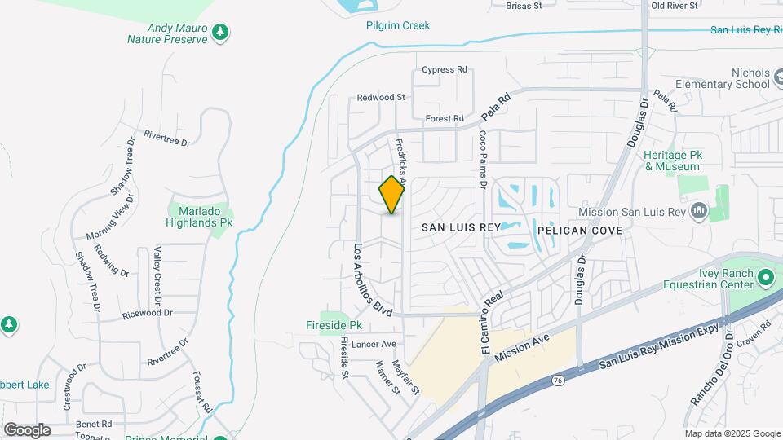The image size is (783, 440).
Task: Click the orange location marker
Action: point(392,195)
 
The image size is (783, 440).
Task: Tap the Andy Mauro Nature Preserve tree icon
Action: point(219,33)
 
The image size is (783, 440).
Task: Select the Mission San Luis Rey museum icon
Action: point(698,212)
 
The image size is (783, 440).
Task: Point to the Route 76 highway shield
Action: point(557,380)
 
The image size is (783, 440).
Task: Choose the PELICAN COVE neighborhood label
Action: point(580,231)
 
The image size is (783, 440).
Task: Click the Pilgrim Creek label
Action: point(397,25)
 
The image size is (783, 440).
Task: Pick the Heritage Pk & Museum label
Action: point(671,161)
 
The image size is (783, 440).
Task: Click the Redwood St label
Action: point(381,97)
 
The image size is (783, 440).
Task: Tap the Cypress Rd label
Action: point(445,69)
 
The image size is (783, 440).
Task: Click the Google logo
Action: point(27,429)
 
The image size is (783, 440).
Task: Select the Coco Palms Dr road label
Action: point(483,160)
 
